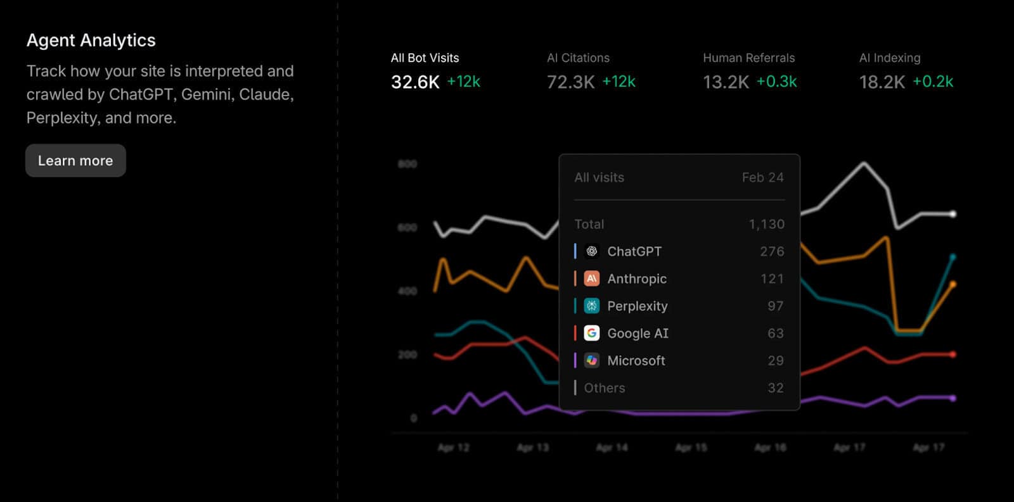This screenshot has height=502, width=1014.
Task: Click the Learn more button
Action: (75, 161)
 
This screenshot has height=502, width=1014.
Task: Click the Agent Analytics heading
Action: (91, 41)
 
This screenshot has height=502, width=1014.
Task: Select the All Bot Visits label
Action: (425, 58)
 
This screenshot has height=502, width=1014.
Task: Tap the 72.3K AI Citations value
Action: (570, 82)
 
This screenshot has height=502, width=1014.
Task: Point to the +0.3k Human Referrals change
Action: (776, 82)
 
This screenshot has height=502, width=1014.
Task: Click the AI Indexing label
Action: (889, 58)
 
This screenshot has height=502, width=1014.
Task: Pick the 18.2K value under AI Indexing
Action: (882, 82)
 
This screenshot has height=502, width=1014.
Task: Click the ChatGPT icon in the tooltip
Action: (591, 251)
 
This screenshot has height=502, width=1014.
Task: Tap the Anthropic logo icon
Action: (591, 279)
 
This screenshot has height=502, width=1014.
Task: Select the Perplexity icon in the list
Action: (591, 306)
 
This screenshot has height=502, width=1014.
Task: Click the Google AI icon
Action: (591, 333)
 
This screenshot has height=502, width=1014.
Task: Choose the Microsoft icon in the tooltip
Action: (591, 360)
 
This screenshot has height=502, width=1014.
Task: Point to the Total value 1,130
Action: (766, 224)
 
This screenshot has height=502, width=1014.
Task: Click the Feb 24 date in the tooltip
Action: (762, 177)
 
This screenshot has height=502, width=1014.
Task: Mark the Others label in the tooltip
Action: (604, 388)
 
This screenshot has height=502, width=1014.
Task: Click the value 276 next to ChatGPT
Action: (772, 251)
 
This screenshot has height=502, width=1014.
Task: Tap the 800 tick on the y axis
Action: (407, 164)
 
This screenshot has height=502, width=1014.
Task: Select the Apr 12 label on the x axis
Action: (453, 448)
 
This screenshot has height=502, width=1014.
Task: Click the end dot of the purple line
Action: (953, 398)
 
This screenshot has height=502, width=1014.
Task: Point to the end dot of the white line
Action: (953, 214)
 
